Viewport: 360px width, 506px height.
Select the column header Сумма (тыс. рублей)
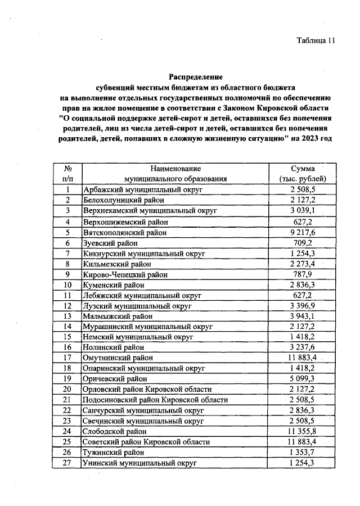(x=303, y=174)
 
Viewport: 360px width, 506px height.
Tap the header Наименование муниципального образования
(x=175, y=174)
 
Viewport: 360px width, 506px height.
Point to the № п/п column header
(x=67, y=174)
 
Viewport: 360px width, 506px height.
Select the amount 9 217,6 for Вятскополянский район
(x=303, y=232)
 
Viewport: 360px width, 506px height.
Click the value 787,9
(x=303, y=275)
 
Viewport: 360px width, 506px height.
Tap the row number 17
(x=67, y=357)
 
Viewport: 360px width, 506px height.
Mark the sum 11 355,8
(x=303, y=431)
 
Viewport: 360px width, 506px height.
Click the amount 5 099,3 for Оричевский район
(x=303, y=378)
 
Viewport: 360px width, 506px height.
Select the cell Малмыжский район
(x=117, y=316)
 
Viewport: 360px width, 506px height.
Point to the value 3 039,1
(x=303, y=210)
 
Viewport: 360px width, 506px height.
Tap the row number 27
(x=67, y=462)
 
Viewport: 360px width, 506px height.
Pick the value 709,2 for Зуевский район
(x=303, y=243)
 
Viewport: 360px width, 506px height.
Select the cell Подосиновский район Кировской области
(x=155, y=400)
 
